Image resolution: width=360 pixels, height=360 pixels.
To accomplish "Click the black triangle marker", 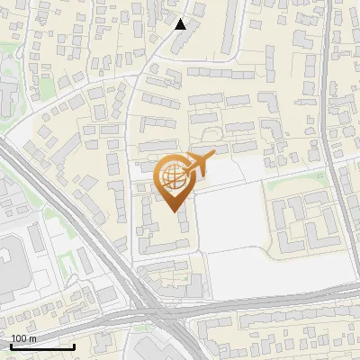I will point(181,24).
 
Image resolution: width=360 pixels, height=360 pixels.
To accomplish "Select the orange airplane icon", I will point(195,165).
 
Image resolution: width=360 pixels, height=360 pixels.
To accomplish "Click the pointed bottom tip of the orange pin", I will point(174,212).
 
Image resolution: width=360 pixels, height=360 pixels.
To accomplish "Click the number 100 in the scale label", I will point(18,338).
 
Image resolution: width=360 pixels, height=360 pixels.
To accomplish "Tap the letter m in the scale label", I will point(31,338).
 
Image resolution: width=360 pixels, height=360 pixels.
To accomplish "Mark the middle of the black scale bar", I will point(42,346).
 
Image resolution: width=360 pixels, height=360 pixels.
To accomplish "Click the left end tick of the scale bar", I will point(10,346).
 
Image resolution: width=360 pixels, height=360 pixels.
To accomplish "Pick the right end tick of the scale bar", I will point(75,346).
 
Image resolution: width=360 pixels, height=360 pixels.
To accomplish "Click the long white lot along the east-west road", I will point(279,268).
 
